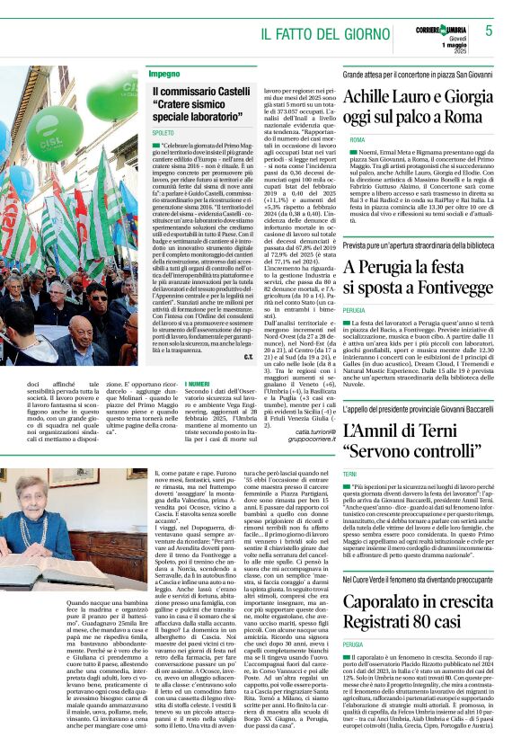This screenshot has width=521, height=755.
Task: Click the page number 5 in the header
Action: pyautogui.click(x=490, y=31)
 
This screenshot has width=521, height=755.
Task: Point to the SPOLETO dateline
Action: pyautogui.click(x=163, y=132)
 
